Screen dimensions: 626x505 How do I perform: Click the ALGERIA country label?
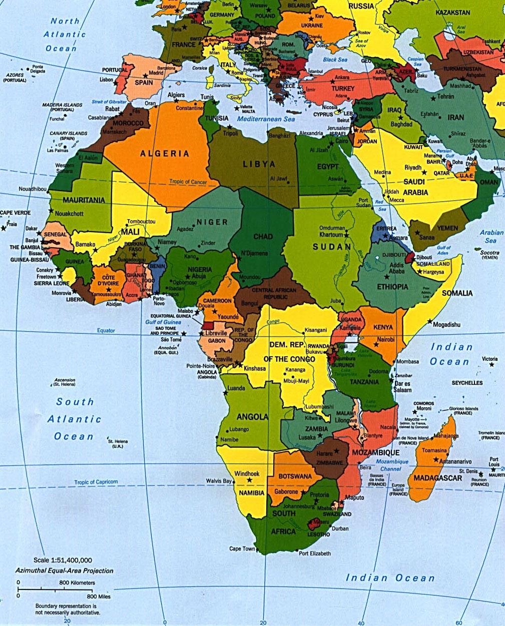pyautogui.click(x=165, y=154)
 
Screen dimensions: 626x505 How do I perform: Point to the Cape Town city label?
pyautogui.click(x=242, y=549)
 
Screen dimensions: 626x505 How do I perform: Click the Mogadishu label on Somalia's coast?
pyautogui.click(x=446, y=325)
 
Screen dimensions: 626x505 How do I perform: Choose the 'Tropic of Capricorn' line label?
pyautogui.click(x=96, y=482)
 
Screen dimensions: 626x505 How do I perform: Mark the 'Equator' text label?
pyautogui.click(x=106, y=331)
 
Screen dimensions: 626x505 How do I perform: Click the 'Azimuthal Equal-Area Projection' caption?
pyautogui.click(x=64, y=570)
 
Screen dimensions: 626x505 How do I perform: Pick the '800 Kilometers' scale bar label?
pyautogui.click(x=77, y=583)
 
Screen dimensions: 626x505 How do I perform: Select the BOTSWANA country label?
pyautogui.click(x=295, y=476)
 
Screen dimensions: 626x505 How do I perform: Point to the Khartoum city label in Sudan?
pyautogui.click(x=331, y=235)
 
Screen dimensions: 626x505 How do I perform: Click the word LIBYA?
pyautogui.click(x=259, y=164)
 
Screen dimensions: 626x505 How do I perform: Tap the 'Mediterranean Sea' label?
pyautogui.click(x=266, y=119)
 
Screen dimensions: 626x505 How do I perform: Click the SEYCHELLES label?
pyautogui.click(x=467, y=383)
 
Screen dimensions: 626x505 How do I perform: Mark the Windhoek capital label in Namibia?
pyautogui.click(x=246, y=473)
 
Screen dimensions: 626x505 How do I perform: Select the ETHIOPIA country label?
pyautogui.click(x=392, y=287)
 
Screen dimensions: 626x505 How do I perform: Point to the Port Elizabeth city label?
pyautogui.click(x=315, y=553)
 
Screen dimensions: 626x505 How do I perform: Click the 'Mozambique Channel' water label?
pyautogui.click(x=392, y=465)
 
